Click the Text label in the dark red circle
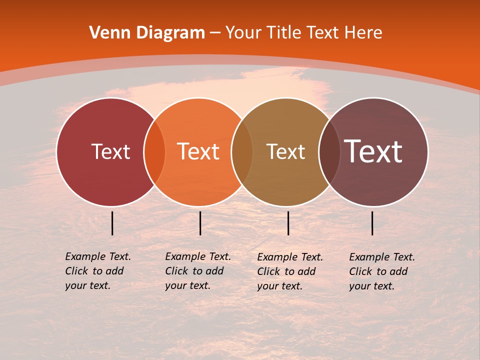coord(110,152)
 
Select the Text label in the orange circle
coord(198,152)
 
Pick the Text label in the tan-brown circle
coord(285,152)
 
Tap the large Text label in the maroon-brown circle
coord(373,151)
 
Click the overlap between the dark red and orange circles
coord(154,152)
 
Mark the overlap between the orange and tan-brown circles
coord(242,152)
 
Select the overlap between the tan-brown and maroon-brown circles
coord(329,152)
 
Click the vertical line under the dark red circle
coord(112,223)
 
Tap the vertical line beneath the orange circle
coord(200,223)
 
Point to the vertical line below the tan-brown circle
coord(288,223)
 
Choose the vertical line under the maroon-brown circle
coord(372,223)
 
